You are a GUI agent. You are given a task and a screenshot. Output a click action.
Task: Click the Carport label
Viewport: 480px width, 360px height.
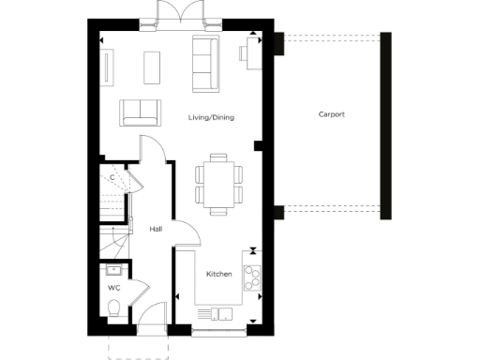(x=331, y=114)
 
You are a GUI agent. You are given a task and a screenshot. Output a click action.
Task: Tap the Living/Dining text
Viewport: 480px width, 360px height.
(x=211, y=117)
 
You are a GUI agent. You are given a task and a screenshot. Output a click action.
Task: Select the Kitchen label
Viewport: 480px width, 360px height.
(x=218, y=274)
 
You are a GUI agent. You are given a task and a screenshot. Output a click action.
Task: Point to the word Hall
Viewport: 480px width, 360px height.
(x=157, y=229)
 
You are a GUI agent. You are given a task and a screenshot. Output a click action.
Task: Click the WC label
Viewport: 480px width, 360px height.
(x=113, y=288)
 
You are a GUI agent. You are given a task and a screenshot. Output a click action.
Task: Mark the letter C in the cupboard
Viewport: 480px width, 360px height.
(x=112, y=177)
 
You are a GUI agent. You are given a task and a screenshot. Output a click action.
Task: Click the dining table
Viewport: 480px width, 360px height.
(x=217, y=182)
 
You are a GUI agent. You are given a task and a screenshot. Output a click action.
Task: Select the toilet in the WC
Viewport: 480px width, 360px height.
(x=112, y=309)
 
